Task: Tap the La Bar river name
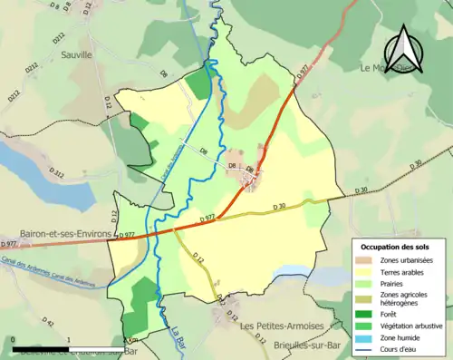click(179, 337)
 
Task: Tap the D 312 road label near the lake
click(55, 173)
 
